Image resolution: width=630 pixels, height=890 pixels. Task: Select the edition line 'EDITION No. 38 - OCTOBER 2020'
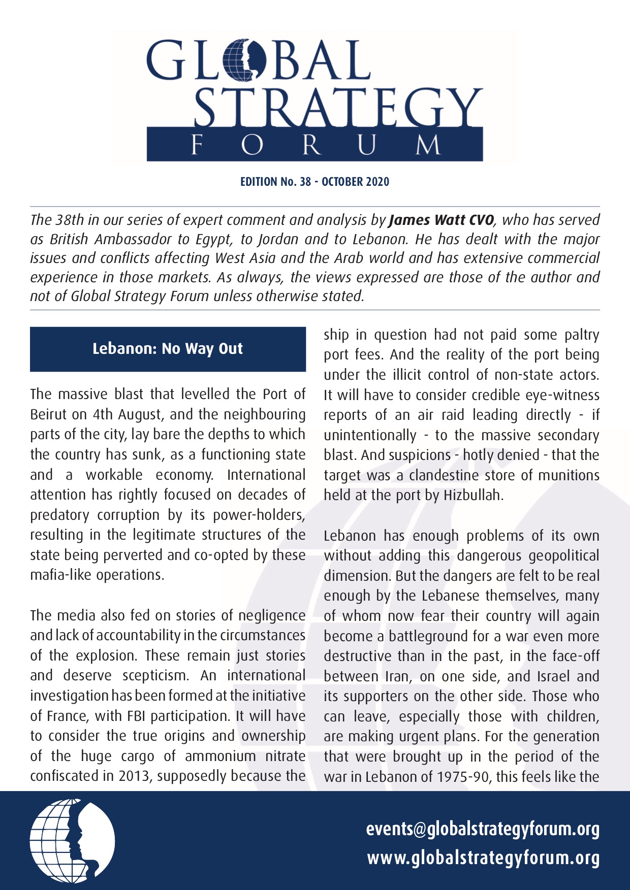[x=314, y=182]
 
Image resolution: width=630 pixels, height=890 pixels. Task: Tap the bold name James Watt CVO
[x=440, y=220]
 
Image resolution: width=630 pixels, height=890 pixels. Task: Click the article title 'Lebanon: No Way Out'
[x=168, y=349]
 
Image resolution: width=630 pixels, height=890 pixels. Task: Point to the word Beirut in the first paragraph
[x=49, y=414]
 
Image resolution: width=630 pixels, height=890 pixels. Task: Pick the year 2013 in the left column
[x=133, y=776]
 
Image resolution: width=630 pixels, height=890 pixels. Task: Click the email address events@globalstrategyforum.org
[x=483, y=829]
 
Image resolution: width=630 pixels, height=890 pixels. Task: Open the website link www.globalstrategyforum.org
[x=483, y=858]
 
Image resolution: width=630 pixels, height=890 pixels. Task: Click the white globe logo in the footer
[x=72, y=840]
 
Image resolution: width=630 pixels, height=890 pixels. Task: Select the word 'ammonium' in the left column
[x=220, y=756]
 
